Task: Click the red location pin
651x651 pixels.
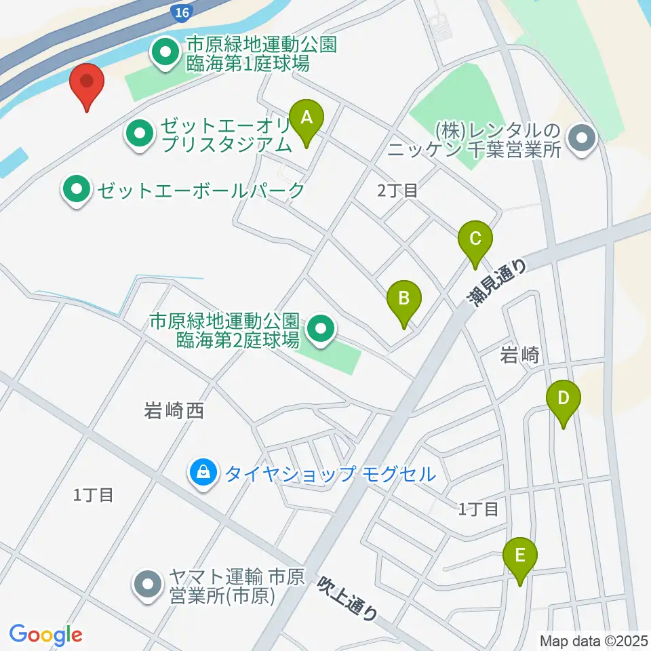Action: [x=87, y=83]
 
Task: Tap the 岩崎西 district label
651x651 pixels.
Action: [x=174, y=410]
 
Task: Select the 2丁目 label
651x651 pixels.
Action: [x=397, y=191]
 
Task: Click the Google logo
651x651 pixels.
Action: [x=46, y=635]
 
